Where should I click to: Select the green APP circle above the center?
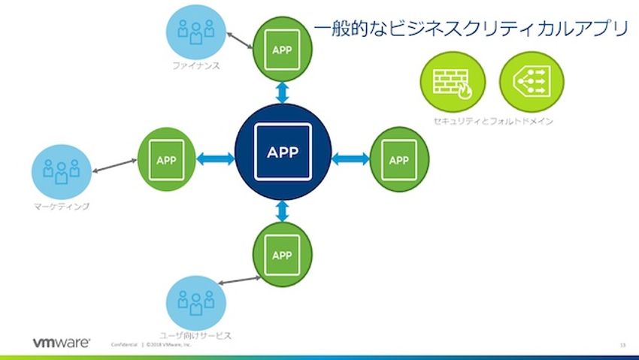(x=283, y=50)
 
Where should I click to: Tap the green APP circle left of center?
(x=165, y=159)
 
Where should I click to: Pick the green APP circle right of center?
(x=400, y=159)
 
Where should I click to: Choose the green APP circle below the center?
(x=282, y=254)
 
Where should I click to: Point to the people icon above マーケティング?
(x=61, y=171)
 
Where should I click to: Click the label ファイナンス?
(x=195, y=65)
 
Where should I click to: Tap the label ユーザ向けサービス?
(x=195, y=335)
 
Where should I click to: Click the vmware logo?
(x=61, y=342)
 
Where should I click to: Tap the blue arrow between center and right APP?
(x=350, y=158)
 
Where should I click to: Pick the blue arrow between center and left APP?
(x=215, y=158)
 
